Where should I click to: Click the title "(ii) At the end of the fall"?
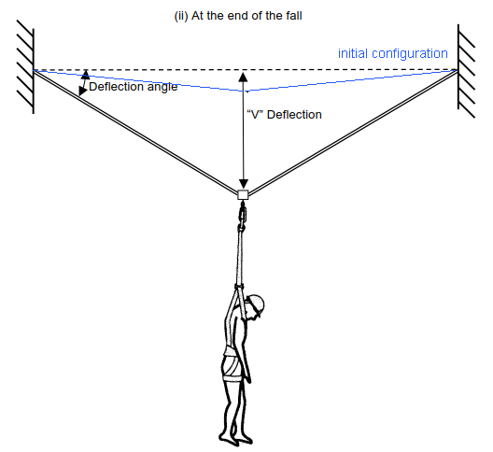(x=238, y=16)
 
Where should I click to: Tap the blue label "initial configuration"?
(x=393, y=53)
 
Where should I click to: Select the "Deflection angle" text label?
(x=133, y=87)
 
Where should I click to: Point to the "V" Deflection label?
(x=284, y=115)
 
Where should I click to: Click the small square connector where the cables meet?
(x=243, y=194)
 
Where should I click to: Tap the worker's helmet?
(x=256, y=303)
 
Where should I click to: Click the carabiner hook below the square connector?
(x=243, y=216)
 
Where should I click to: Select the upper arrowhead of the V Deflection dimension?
(x=243, y=77)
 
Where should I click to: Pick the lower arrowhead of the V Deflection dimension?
(x=243, y=184)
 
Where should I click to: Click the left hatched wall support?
(x=25, y=67)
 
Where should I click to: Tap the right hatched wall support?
(x=466, y=71)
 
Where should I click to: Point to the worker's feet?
(x=235, y=439)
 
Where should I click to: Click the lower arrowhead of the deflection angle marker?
(x=82, y=92)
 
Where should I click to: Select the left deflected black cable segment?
(x=135, y=131)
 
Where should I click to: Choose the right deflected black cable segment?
(x=353, y=132)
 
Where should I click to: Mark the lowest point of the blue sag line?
(x=246, y=92)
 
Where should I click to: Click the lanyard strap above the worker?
(x=240, y=258)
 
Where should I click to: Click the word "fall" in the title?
(x=294, y=16)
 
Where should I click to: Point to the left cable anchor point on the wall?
(x=34, y=70)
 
